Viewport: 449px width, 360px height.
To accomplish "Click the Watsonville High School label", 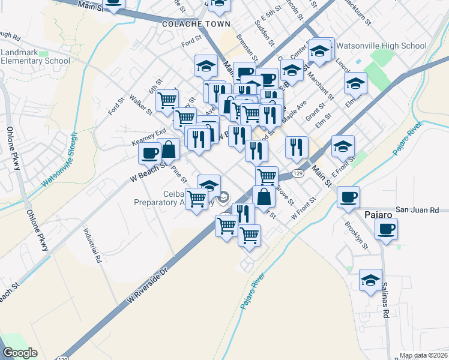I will (x=381, y=46).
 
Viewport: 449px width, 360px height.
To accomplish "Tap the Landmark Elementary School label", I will (x=35, y=56).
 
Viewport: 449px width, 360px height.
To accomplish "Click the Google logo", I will (x=20, y=353).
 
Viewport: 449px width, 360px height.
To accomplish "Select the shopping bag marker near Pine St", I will (x=169, y=148).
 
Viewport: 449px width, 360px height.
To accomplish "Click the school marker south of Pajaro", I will (x=370, y=280).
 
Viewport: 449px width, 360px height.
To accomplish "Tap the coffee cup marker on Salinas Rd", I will (x=386, y=229).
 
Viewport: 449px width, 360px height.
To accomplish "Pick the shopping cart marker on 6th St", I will (x=167, y=100).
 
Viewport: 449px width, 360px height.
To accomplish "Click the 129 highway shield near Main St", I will (x=298, y=173).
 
